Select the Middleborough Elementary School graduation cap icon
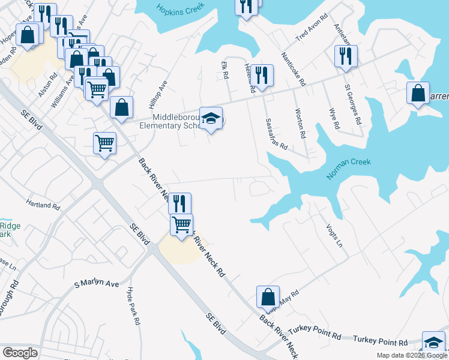[211, 118]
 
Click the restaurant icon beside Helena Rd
[262, 75]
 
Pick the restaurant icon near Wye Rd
[345, 56]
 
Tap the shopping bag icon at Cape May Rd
[268, 296]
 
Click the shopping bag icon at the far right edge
[418, 93]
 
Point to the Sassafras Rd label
[277, 133]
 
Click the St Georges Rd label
[353, 104]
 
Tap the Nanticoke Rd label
[294, 68]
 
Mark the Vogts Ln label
[337, 237]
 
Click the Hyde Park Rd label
[133, 305]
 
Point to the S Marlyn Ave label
[97, 283]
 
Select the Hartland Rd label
[43, 205]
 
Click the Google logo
[20, 352]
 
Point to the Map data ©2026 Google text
[411, 355]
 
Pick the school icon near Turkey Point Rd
[433, 342]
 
